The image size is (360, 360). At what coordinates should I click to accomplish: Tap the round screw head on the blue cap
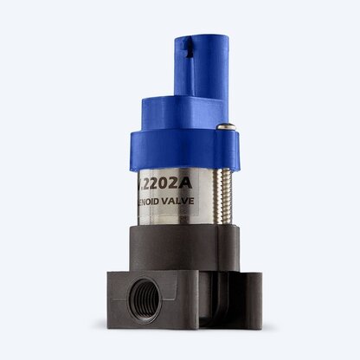pyautogui.click(x=227, y=128)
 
